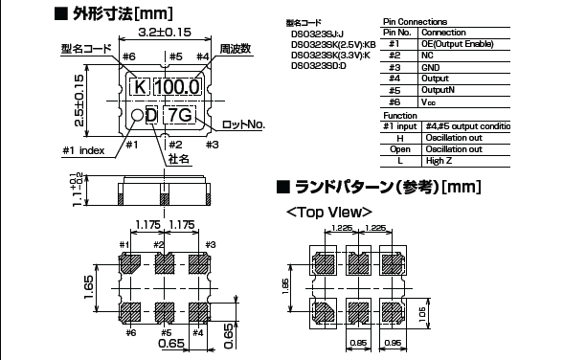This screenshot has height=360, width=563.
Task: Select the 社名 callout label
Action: pos(177,158)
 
